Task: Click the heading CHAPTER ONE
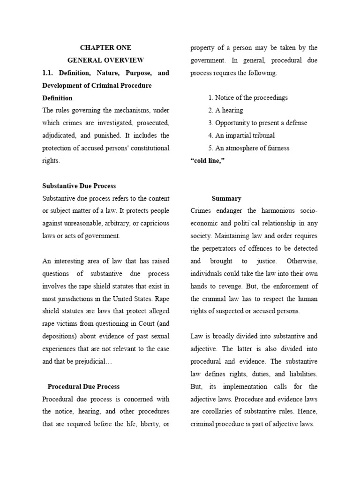click(x=105, y=48)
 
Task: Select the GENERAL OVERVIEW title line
click(x=105, y=60)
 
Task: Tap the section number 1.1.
click(x=49, y=73)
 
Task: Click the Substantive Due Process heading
click(x=79, y=186)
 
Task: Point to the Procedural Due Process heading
click(x=83, y=387)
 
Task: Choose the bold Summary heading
click(x=226, y=199)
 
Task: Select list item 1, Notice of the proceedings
click(x=248, y=98)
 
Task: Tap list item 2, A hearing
click(x=225, y=111)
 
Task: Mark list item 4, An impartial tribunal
click(x=241, y=135)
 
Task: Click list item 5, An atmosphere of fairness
click(x=249, y=148)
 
